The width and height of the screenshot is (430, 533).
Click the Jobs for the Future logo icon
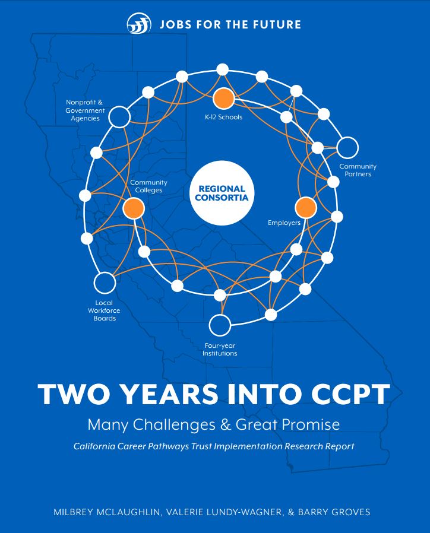[139, 24]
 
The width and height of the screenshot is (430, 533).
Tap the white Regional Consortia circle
[222, 193]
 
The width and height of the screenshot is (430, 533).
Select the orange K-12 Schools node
[223, 99]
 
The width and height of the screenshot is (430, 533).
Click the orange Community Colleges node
[134, 208]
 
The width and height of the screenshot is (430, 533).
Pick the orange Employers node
[306, 208]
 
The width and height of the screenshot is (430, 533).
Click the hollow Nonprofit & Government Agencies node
[119, 117]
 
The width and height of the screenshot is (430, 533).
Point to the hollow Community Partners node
[347, 148]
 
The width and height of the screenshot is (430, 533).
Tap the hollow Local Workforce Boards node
[105, 283]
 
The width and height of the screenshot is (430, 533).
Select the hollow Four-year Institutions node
[220, 325]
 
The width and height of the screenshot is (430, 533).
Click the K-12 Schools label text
[223, 117]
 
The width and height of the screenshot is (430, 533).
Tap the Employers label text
[284, 223]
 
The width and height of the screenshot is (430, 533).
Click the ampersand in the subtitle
[226, 424]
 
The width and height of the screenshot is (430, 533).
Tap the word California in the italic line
[94, 446]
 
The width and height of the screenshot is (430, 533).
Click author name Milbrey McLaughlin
[106, 512]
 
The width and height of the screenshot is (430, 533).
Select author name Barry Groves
[334, 512]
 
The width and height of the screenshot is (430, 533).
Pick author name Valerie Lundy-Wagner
[225, 512]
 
